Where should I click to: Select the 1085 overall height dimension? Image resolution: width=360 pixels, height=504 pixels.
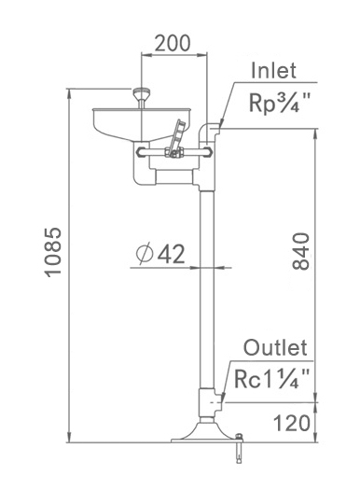pyautogui.click(x=53, y=252)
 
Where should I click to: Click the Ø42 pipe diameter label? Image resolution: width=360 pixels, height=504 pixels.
pyautogui.click(x=159, y=253)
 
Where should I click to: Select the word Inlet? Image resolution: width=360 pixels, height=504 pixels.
pyautogui.click(x=273, y=71)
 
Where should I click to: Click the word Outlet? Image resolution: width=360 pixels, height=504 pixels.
pyautogui.click(x=276, y=349)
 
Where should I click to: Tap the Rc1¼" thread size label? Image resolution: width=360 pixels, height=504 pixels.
pyautogui.click(x=272, y=379)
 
